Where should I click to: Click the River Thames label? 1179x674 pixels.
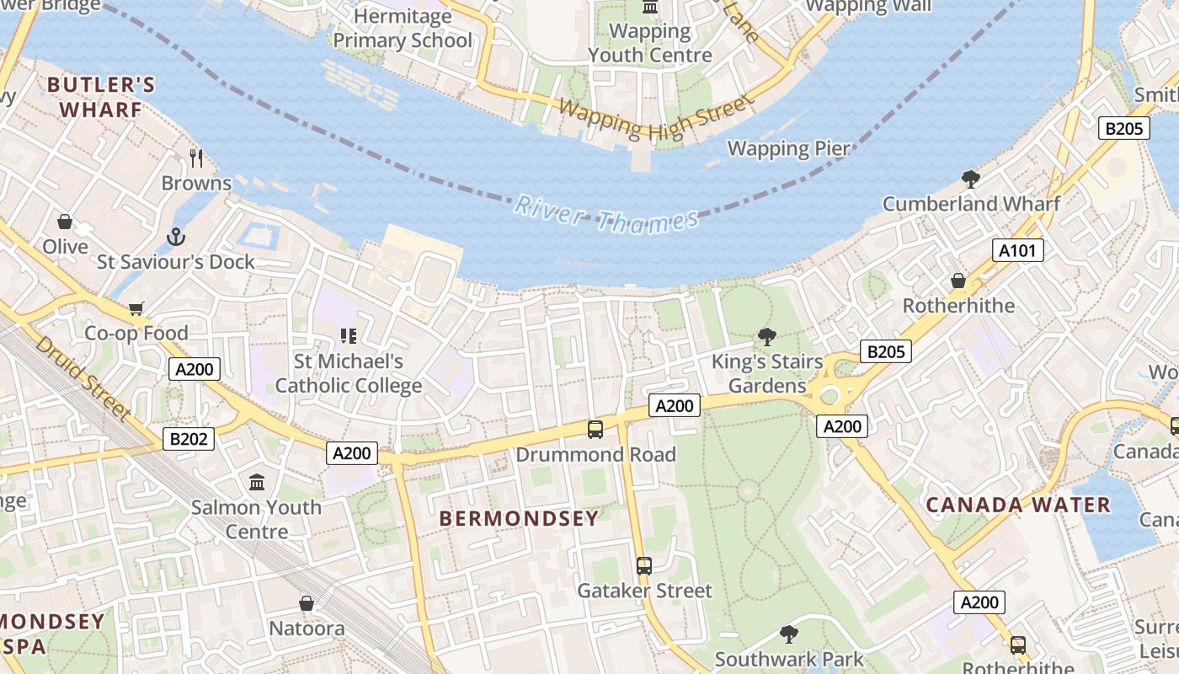[606, 214]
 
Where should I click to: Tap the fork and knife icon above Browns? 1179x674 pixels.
[196, 158]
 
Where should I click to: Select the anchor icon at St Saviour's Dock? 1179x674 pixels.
[175, 237]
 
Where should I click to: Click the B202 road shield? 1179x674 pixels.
[189, 438]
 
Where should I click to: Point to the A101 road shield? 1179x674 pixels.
[1017, 250]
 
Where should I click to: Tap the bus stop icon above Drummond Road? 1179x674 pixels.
[595, 430]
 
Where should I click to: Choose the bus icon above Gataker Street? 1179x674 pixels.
[644, 566]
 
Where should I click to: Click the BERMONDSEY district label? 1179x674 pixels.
[519, 518]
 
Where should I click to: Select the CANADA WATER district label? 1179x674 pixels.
[1018, 505]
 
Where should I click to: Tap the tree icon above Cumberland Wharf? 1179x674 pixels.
[971, 179]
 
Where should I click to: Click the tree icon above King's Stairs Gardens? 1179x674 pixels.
[766, 337]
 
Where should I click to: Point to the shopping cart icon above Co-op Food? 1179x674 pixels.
[136, 308]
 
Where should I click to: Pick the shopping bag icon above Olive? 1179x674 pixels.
[65, 222]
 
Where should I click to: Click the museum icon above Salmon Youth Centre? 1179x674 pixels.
[257, 483]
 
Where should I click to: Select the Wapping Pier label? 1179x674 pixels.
[788, 149]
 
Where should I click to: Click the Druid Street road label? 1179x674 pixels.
[83, 378]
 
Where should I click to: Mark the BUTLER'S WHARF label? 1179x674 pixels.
[101, 97]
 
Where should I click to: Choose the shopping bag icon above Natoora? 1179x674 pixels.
[307, 604]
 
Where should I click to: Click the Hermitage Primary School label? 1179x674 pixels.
[403, 28]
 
